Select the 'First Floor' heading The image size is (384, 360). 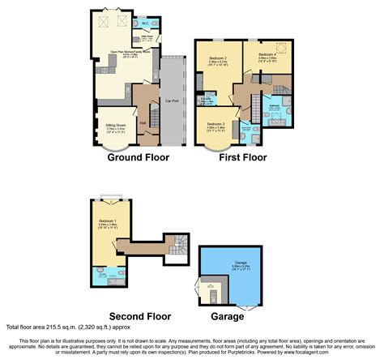[243, 158]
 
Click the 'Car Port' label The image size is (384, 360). [172, 101]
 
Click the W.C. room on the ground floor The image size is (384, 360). [145, 23]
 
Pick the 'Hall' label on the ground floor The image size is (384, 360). [143, 122]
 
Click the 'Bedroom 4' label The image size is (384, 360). [268, 55]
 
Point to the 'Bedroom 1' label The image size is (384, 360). [107, 221]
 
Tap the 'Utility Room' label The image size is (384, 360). [148, 36]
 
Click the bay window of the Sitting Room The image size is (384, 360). [107, 145]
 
